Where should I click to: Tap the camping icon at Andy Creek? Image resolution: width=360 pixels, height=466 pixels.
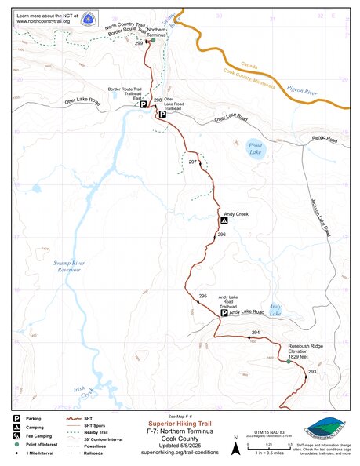224,222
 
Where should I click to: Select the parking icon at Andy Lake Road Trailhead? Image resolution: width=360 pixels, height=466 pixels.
224,313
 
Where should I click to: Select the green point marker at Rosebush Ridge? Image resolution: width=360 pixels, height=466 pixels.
288,361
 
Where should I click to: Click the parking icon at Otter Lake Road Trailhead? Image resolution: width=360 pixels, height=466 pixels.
162,115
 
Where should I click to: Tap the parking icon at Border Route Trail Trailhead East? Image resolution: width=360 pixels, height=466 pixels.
143,104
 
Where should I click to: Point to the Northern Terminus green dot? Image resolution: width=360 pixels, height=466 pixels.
154,41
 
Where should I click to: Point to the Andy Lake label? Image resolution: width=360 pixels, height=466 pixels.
275,309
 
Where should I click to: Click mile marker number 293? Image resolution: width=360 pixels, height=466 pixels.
311,370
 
